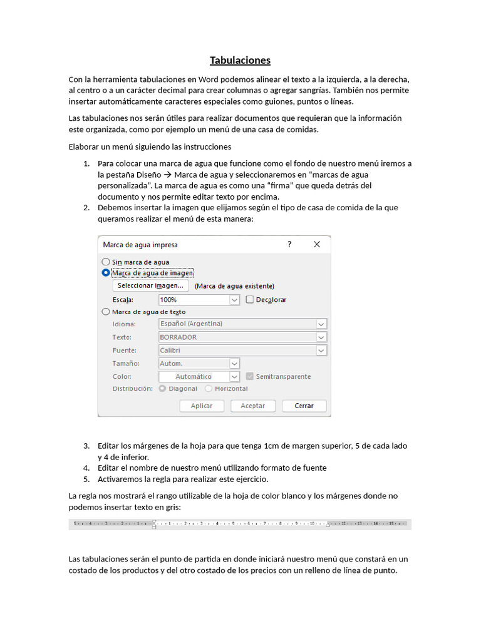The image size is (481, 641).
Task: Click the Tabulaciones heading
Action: [240, 61]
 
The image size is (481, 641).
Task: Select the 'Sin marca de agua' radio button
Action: [105, 262]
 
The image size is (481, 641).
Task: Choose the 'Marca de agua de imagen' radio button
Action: [105, 273]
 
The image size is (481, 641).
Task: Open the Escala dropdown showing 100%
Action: [199, 300]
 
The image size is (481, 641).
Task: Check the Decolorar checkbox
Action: [250, 300]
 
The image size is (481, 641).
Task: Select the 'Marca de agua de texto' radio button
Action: [105, 312]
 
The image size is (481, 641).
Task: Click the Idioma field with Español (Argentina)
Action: [242, 324]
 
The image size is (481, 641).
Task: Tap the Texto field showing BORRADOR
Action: [242, 337]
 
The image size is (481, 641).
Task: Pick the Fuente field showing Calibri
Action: [242, 351]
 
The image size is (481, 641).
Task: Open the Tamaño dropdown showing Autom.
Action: [199, 364]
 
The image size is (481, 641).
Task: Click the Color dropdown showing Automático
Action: [199, 377]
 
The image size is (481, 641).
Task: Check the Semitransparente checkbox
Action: [250, 377]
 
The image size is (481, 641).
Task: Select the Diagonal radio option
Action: [163, 389]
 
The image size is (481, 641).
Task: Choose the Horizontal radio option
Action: [209, 389]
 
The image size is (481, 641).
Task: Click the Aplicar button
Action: [202, 406]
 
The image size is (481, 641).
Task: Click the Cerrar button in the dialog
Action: [304, 406]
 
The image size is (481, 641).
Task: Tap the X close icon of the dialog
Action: [317, 245]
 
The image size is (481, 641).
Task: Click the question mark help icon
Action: [289, 245]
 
